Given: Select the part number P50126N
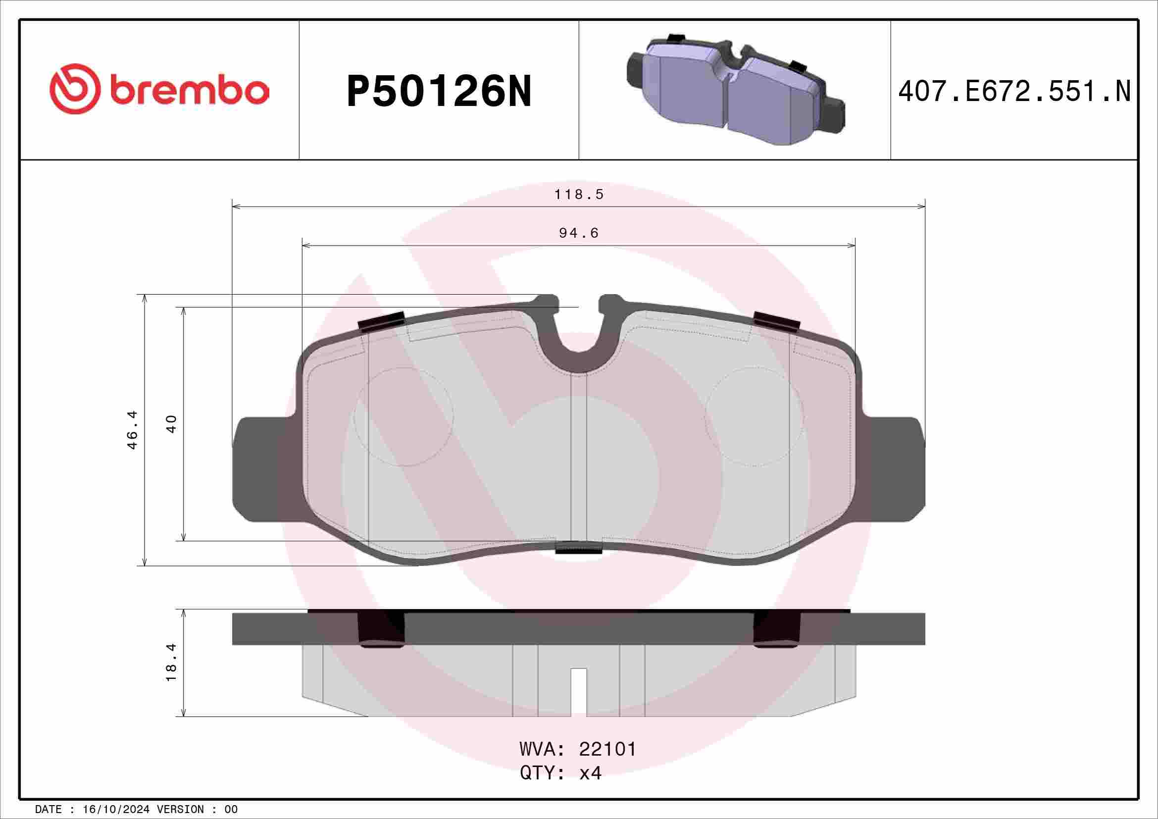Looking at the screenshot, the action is pos(439,92).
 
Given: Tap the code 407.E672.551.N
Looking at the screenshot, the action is pos(1014,92).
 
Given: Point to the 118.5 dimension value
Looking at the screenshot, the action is pos(579,194).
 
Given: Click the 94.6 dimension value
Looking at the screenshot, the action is pos(579,233).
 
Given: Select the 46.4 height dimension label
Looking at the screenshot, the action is pos(132,430).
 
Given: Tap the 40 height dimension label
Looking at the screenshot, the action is pos(171,424).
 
